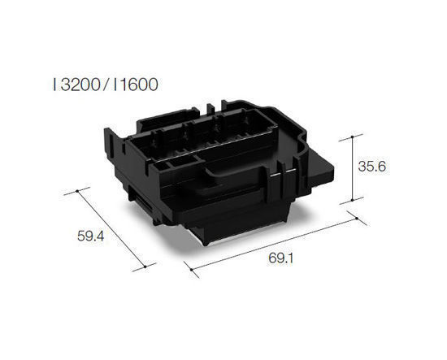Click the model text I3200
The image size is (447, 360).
77,83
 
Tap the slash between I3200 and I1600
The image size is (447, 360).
106,83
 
